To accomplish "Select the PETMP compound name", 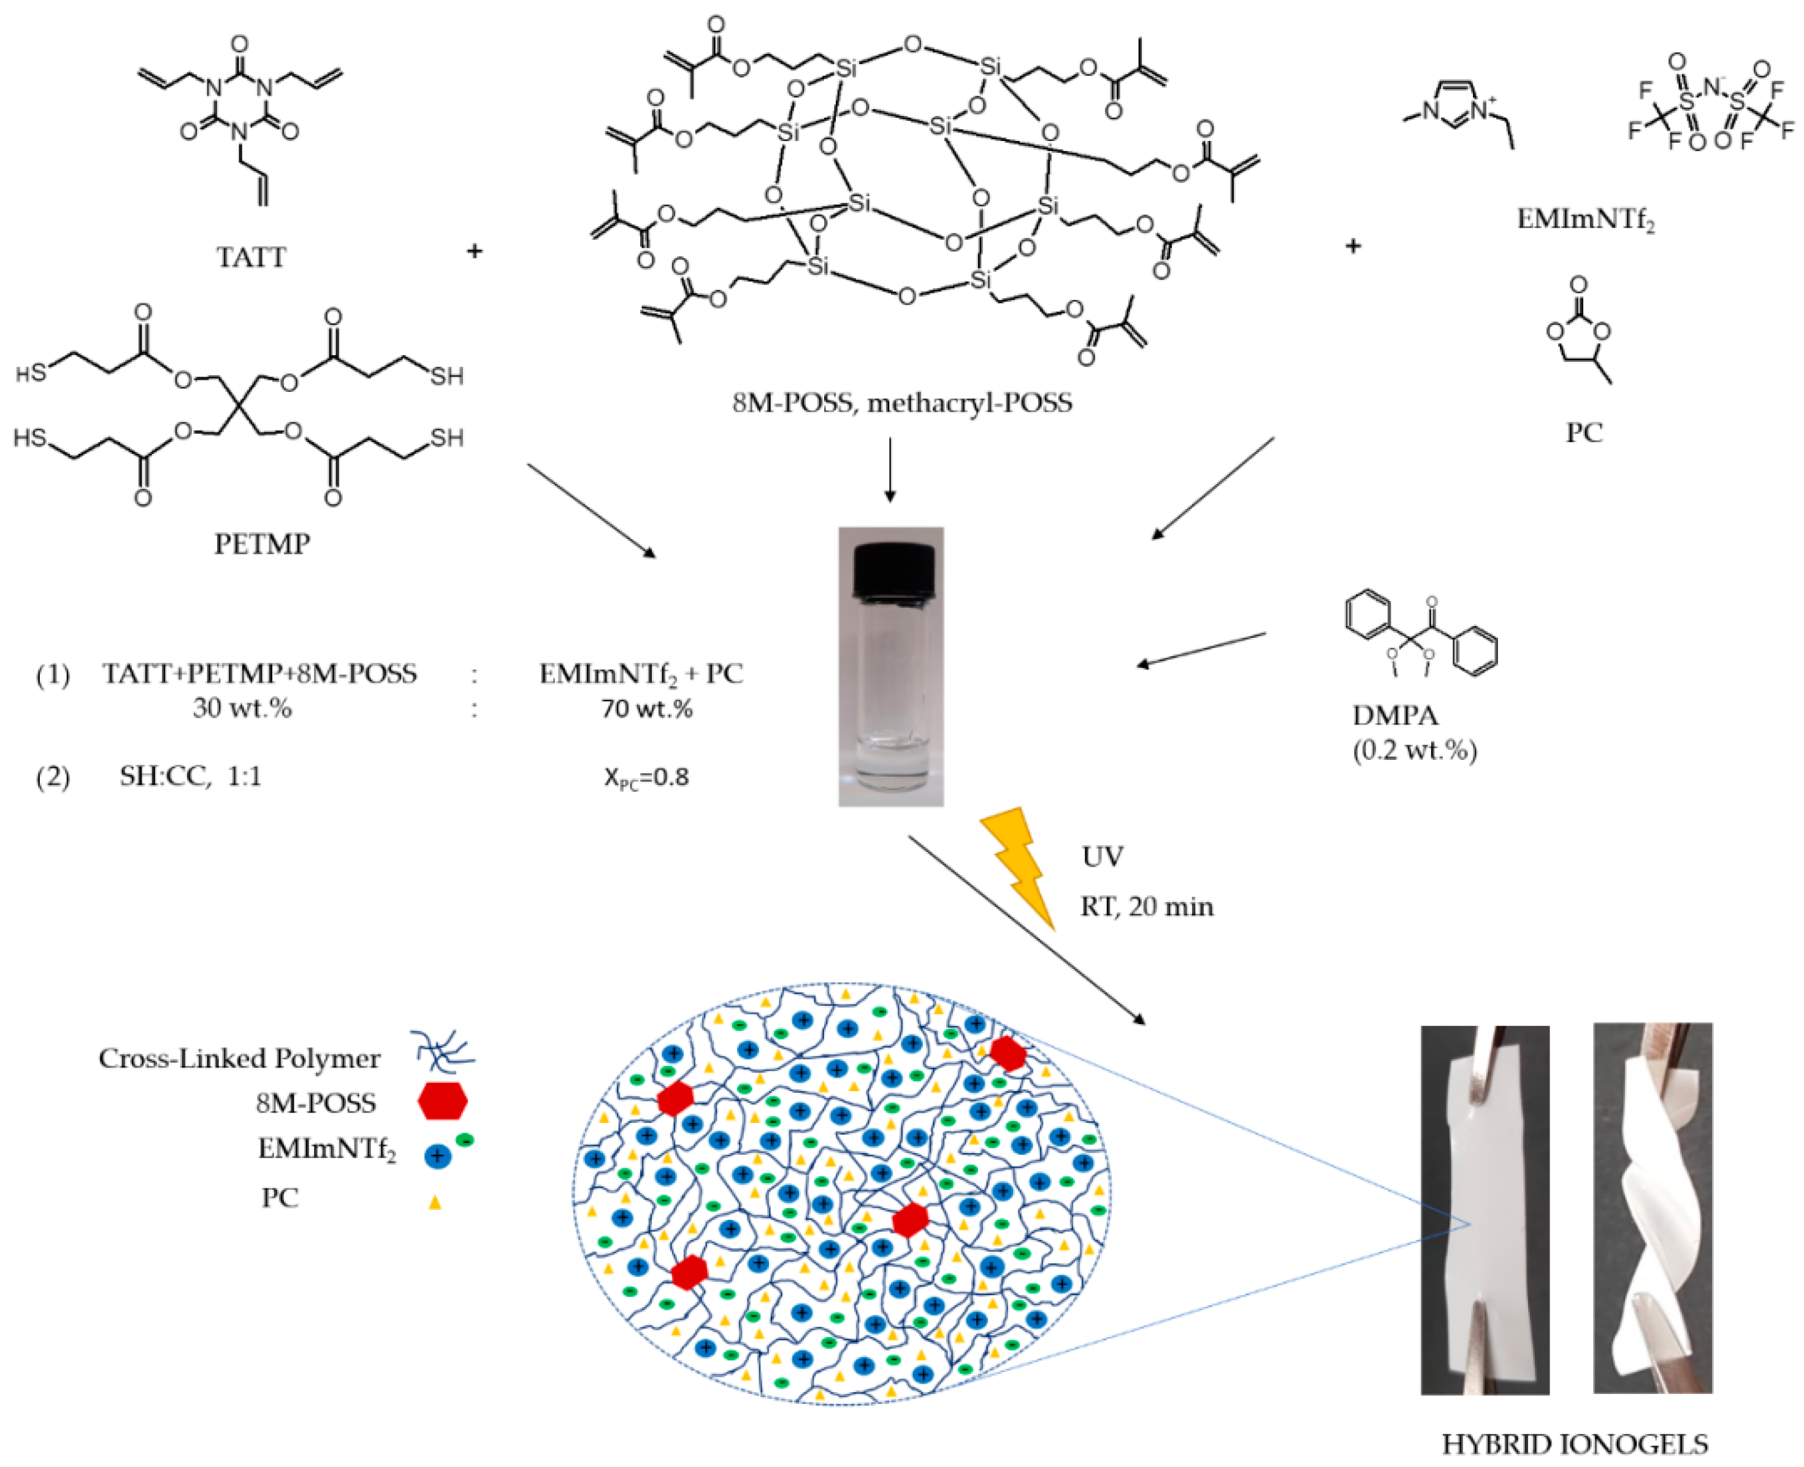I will pyautogui.click(x=262, y=543).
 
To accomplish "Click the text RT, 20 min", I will pyautogui.click(x=1147, y=906).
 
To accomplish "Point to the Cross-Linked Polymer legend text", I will pyautogui.click(x=239, y=1059).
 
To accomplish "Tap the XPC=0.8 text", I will pyautogui.click(x=646, y=776).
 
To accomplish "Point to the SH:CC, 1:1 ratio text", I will pyautogui.click(x=190, y=776).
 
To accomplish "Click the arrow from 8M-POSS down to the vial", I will pyautogui.click(x=889, y=469).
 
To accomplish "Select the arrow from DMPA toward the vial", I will pyautogui.click(x=1200, y=649).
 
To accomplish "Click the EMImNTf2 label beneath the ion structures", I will pyautogui.click(x=1585, y=220).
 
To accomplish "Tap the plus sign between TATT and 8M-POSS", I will pyautogui.click(x=475, y=251).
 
